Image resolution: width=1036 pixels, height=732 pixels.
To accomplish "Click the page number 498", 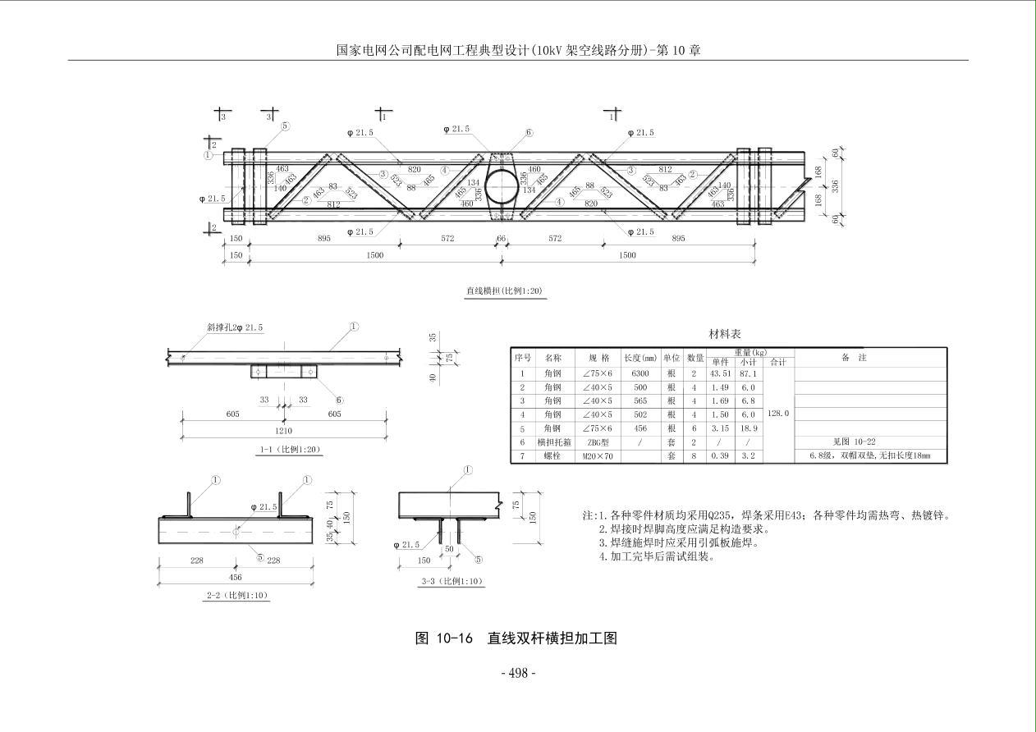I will click(x=518, y=673).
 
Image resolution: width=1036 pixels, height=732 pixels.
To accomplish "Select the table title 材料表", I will click(x=725, y=334).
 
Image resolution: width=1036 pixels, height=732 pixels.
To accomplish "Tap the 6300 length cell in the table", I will click(x=641, y=373).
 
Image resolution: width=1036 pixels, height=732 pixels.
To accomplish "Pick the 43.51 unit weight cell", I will click(x=720, y=373).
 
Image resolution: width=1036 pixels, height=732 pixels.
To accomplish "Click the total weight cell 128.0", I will click(x=777, y=414).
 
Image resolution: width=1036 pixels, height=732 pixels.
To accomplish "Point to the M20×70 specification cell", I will click(x=598, y=455).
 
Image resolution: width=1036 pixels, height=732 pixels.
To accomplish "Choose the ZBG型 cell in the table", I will click(x=598, y=441).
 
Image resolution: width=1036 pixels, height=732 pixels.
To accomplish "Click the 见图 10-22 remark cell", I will click(x=854, y=441).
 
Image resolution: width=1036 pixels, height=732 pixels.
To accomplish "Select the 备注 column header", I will click(x=854, y=358).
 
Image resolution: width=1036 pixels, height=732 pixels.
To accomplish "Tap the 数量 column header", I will click(x=694, y=358).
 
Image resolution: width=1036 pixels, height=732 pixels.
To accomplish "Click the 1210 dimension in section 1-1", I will click(x=283, y=430).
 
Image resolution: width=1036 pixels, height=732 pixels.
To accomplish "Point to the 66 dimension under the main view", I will click(x=502, y=239).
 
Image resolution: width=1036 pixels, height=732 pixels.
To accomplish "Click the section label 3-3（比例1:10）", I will click(x=452, y=581).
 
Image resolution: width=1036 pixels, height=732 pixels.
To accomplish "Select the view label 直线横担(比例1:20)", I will click(x=504, y=291).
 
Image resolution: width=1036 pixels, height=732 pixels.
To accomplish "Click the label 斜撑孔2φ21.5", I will click(x=235, y=327).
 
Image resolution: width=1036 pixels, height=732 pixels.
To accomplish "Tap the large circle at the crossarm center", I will click(x=501, y=185).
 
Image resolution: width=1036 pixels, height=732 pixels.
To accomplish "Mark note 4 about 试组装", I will click(x=657, y=556).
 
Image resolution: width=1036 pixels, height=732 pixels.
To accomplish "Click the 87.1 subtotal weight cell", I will click(x=748, y=373).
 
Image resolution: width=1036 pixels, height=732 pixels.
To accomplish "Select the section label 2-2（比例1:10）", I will click(x=238, y=595).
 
